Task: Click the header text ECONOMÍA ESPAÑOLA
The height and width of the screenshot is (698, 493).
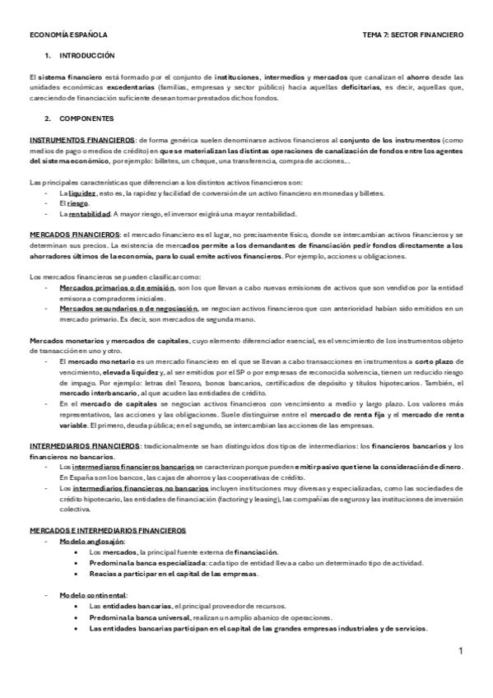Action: (x=67, y=36)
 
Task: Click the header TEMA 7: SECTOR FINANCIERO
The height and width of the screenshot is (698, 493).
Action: (x=412, y=36)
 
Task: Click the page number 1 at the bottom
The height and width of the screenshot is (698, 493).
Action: (x=462, y=652)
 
